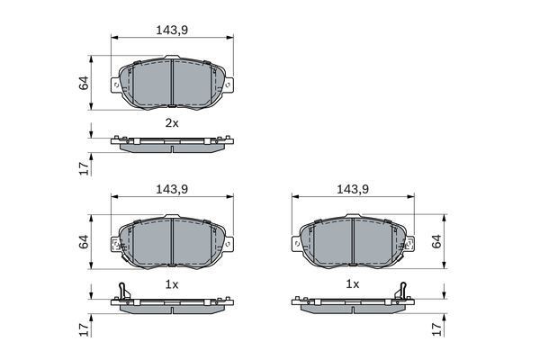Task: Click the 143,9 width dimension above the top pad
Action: tap(172, 31)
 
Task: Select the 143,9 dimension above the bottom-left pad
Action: tap(172, 189)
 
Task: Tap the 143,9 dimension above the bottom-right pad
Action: tap(353, 189)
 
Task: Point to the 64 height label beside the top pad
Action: tap(84, 83)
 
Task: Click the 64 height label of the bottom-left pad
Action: tap(84, 242)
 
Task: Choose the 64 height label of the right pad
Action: tap(436, 241)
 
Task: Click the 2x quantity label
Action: tap(172, 123)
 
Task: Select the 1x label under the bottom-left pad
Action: tap(172, 284)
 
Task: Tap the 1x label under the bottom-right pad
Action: tap(353, 284)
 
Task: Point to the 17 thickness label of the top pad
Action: tap(84, 168)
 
